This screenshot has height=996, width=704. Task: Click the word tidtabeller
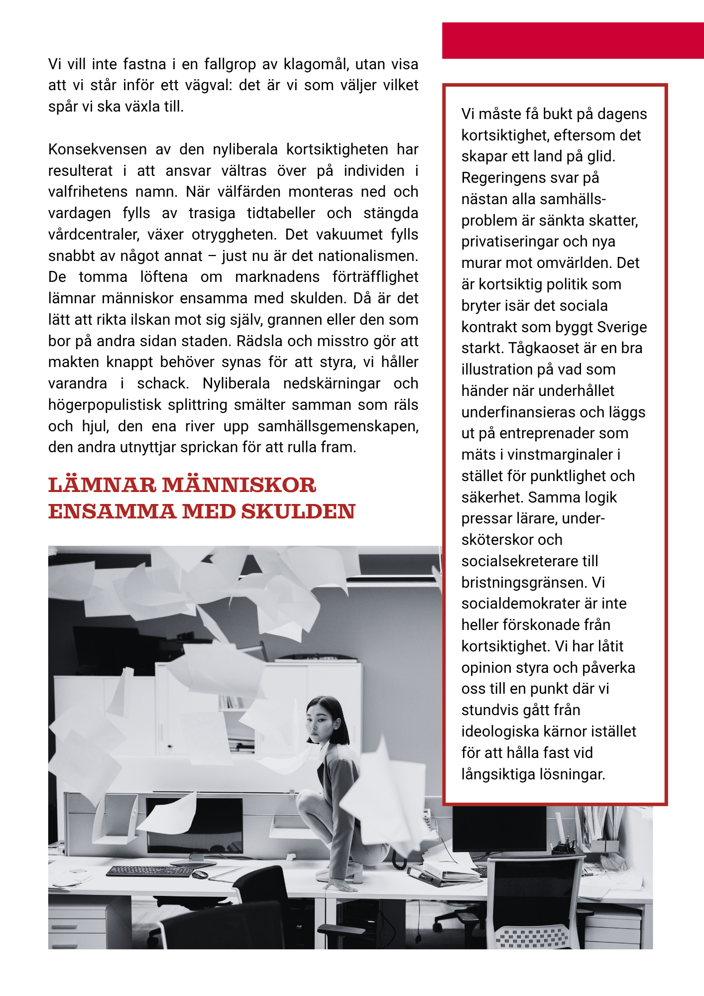[281, 213]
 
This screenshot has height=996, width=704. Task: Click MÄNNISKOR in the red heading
[239, 485]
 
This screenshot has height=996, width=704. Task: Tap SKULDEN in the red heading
[298, 511]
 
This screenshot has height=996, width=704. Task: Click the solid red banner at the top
[573, 40]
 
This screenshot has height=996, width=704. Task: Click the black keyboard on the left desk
[149, 871]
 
